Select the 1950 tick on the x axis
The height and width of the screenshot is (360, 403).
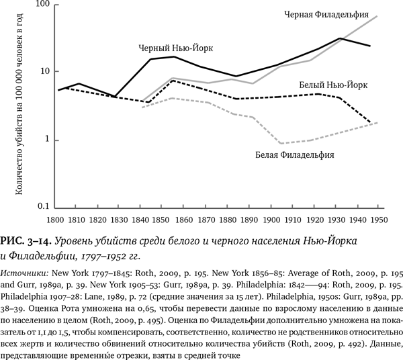pos(378,219)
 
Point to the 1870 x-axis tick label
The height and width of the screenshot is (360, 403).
pos(208,219)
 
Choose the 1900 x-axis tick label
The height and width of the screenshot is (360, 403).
pos(271,219)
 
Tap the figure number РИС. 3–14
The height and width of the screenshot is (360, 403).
pos(26,240)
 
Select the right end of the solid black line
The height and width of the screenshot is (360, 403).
pos(369,46)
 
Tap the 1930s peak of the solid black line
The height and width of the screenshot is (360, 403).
pos(341,38)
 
